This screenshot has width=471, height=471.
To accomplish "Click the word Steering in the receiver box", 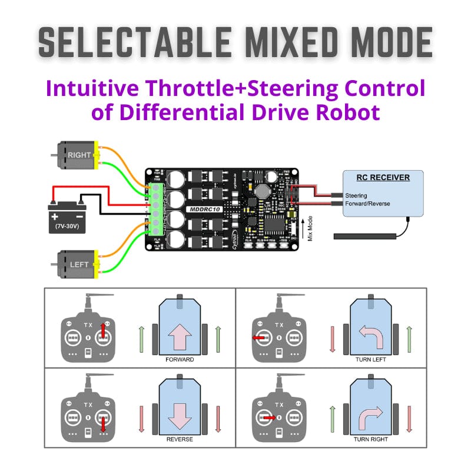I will pos(356,195).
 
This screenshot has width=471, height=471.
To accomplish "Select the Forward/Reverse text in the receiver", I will pos(367,204).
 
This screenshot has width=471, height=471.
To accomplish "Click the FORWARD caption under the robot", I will pos(180,359).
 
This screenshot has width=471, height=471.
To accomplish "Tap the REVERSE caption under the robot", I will pos(180,439).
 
